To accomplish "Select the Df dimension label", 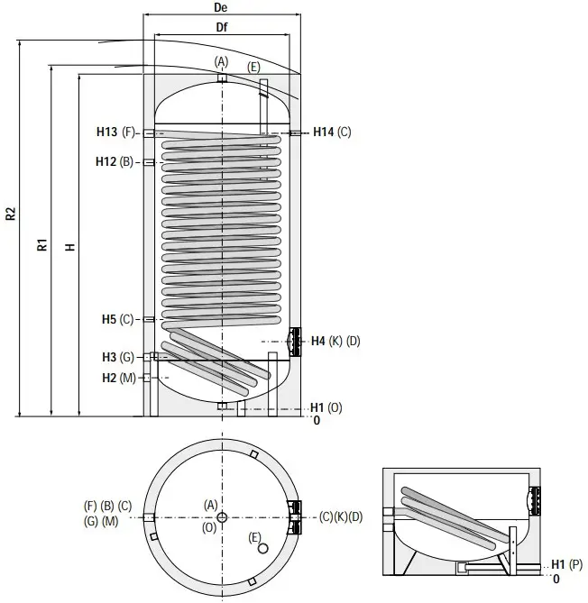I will (221, 28).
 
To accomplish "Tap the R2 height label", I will (10, 215).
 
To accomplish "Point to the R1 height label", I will (41, 244).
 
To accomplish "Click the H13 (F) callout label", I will (115, 132).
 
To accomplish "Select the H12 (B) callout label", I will (115, 161).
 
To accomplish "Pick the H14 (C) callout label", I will (332, 132).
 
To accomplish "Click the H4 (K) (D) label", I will (335, 341).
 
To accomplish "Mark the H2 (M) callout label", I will (118, 378).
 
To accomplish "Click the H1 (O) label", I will (326, 407).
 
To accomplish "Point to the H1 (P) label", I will (567, 564).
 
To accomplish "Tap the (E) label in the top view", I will (253, 68).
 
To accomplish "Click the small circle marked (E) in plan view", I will (262, 548).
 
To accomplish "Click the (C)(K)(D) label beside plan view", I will (340, 516).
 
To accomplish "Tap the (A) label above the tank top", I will (222, 60).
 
